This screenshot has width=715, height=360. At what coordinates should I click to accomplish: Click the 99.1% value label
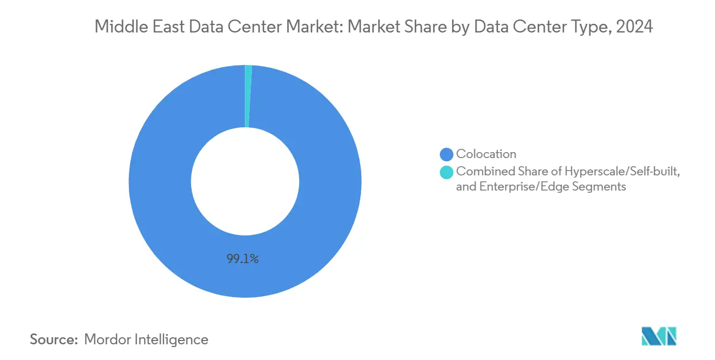[243, 259]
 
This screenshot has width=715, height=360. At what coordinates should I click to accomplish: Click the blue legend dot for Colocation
[447, 154]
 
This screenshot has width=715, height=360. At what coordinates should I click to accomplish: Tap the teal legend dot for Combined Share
[447, 172]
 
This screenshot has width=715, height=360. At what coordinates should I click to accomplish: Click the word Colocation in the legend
[486, 154]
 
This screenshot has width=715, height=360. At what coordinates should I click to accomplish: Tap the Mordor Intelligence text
[146, 339]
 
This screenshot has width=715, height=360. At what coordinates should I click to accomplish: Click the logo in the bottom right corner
[659, 336]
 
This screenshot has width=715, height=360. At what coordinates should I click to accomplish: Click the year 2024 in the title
[636, 27]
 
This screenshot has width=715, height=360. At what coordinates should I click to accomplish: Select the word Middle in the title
[117, 27]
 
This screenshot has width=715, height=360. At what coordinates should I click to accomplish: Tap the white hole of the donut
[245, 181]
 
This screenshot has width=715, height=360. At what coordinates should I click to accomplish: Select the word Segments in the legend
[601, 187]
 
